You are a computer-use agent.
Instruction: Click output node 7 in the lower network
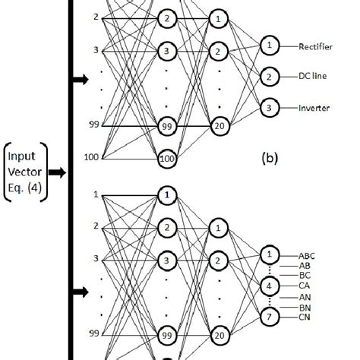(x=268, y=314)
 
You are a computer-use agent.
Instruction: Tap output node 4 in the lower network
(x=268, y=285)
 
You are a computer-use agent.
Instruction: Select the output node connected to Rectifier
(x=268, y=46)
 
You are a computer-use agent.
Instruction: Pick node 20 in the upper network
(x=219, y=125)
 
